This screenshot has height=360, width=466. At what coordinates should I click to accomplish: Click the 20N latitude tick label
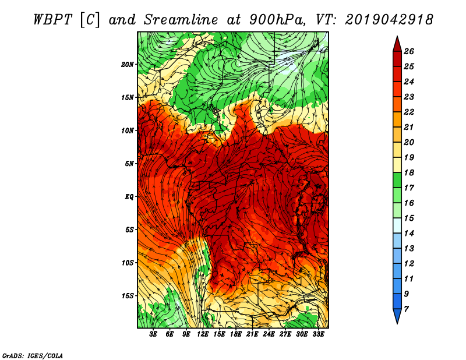point(127,65)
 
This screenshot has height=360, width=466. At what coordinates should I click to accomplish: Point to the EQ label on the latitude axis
point(129,197)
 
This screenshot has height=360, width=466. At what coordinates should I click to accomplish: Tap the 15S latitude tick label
point(128,296)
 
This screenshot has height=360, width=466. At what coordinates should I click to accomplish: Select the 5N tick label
point(129,164)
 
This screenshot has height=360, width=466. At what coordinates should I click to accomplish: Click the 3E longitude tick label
point(153,334)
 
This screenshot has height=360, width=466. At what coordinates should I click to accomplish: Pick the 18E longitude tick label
point(236,334)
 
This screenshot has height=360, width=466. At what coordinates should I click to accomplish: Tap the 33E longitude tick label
point(318,334)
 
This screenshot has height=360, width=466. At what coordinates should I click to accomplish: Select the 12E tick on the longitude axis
point(203,334)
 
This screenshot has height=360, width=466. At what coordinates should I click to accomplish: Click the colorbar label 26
point(409,51)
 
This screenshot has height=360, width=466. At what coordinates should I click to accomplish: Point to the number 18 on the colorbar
point(409,172)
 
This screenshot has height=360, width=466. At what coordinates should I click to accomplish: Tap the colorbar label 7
point(406,309)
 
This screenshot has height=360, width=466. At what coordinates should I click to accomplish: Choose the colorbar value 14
point(409,234)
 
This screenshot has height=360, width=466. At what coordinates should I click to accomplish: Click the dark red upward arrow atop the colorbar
point(397,44)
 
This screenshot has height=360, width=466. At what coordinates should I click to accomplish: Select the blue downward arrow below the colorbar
point(397,316)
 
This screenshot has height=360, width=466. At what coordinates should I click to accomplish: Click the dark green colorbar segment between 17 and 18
point(397,180)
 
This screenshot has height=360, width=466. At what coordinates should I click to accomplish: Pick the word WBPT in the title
point(52,20)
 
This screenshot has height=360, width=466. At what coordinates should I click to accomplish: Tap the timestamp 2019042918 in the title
point(389,20)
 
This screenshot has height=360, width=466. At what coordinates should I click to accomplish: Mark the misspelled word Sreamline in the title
point(181,20)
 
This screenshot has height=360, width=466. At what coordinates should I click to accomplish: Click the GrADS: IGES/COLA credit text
point(33,356)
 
